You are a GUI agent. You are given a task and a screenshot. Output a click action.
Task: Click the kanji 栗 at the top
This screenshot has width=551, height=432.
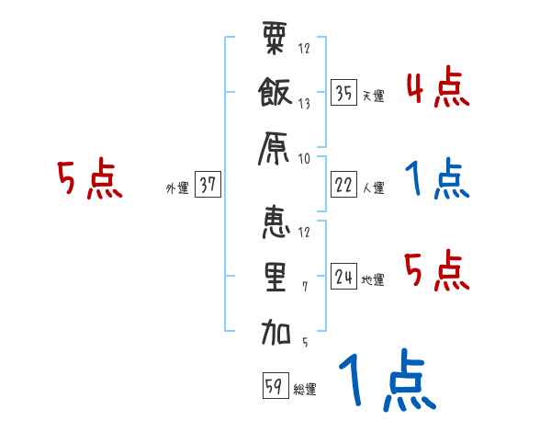click(275, 42)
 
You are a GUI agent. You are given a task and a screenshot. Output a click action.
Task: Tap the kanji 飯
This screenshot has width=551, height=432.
click(275, 94)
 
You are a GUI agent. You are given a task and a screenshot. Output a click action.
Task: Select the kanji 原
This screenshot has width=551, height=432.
click(275, 147)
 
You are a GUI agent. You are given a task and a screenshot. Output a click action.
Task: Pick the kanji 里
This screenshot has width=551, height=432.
click(275, 277)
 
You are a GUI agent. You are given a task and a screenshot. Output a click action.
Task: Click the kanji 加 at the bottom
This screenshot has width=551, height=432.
click(275, 331)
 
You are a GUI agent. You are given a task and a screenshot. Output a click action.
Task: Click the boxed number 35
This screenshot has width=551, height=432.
click(343, 93)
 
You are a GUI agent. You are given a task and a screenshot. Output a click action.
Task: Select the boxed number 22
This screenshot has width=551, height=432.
click(343, 185)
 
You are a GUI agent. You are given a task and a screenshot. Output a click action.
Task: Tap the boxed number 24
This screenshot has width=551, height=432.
click(343, 276)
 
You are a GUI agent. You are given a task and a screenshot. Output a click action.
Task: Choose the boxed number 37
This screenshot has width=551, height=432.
click(208, 185)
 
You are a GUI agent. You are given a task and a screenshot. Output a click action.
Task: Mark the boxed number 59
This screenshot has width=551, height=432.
click(273, 386)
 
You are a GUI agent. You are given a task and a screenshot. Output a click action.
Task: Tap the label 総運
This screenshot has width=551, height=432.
click(304, 390)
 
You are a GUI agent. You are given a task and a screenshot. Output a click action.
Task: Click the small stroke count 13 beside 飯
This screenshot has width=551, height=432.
click(304, 104)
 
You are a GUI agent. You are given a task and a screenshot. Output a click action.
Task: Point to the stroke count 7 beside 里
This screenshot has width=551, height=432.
click(304, 286)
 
